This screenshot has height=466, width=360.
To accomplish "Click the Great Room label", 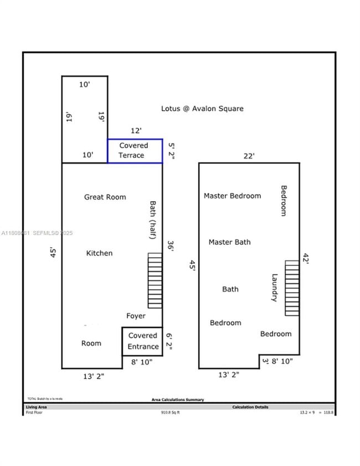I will click(x=105, y=197).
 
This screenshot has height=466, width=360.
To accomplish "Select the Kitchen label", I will click(x=99, y=253).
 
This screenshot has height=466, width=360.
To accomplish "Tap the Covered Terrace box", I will click(x=135, y=151).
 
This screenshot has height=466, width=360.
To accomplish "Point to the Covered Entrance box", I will click(x=143, y=341).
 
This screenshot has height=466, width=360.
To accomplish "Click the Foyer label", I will click(x=136, y=316).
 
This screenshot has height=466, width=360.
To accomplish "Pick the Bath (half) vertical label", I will click(x=152, y=220).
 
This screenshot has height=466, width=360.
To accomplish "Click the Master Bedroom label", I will click(x=232, y=196).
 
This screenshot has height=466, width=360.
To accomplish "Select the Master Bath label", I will click(x=229, y=242).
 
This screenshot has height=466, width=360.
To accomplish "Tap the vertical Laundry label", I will click(x=274, y=288).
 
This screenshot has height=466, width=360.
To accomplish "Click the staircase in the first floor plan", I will click(x=155, y=280).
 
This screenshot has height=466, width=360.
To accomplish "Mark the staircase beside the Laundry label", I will click(x=292, y=288).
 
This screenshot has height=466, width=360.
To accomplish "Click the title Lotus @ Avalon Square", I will click(x=202, y=109).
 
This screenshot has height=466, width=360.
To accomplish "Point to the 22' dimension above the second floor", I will click(x=249, y=156).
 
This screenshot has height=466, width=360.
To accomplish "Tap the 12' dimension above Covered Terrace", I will click(x=136, y=131).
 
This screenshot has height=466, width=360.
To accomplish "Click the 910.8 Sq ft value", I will click(x=171, y=412).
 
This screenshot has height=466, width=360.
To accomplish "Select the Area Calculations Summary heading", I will click(x=177, y=400).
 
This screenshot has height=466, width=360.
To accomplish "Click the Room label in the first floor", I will click(x=91, y=344).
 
